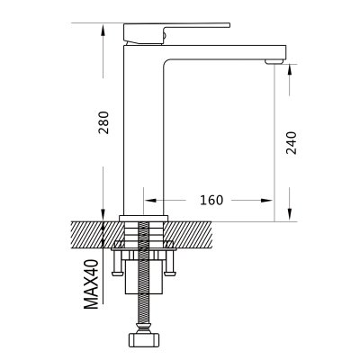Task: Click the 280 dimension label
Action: point(103,122)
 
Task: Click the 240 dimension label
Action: point(291,143)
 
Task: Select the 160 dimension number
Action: point(211,200)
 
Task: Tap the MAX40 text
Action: point(91,284)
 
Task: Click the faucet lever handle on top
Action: point(176,33)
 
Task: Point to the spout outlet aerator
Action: point(274,61)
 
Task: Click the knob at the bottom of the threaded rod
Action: point(143,338)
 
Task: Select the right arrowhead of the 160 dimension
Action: point(266,200)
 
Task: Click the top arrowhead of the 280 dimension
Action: point(103,31)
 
